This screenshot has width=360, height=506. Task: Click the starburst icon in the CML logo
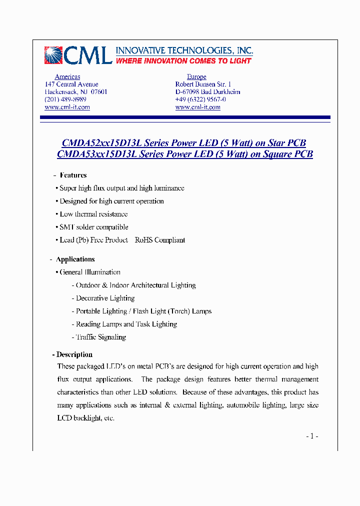53,55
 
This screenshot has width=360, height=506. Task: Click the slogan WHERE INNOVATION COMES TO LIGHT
183,61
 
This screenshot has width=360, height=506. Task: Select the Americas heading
67,76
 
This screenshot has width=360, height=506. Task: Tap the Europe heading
196,76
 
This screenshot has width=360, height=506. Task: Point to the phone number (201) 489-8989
65,99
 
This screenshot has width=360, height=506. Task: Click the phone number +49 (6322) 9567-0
200,99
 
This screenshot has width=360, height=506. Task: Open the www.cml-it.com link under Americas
67,107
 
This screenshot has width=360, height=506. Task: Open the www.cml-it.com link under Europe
197,107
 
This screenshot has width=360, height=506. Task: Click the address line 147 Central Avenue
71,84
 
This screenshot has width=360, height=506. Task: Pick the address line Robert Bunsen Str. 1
203,84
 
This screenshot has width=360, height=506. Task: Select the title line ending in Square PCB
185,154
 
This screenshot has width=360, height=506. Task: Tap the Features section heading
73,175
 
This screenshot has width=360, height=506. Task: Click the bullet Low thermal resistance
93,214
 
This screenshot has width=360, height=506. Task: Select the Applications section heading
75,259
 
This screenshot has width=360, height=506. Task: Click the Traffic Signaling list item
100,337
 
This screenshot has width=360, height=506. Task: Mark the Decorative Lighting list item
105,298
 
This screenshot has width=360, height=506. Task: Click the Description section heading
74,354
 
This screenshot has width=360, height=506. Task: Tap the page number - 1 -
312,436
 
